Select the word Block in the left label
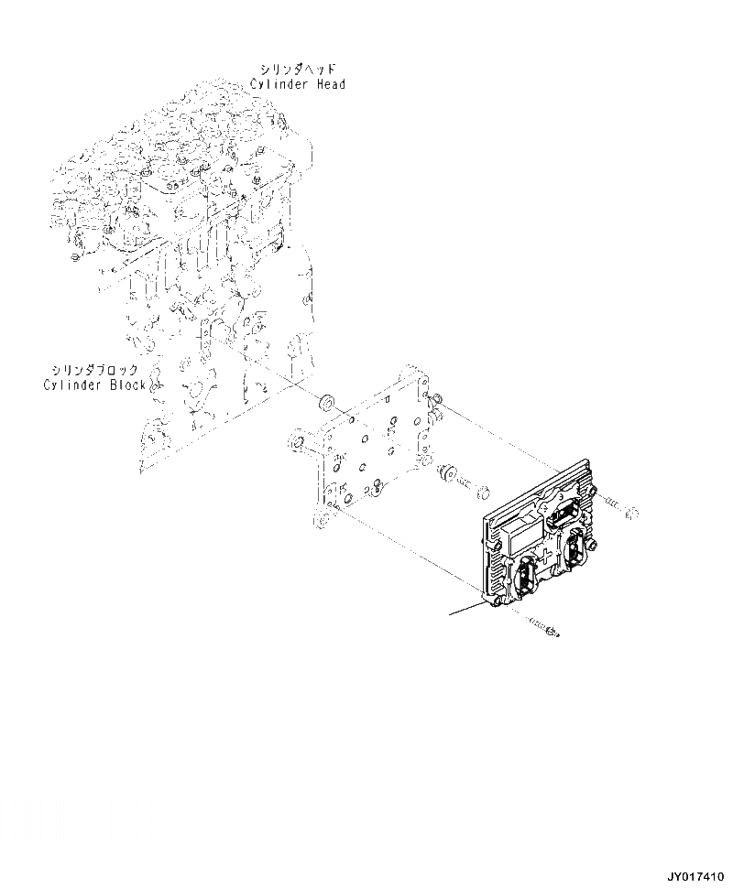click(x=126, y=385)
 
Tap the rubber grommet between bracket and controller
click(x=448, y=474)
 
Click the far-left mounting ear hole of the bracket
click(x=296, y=444)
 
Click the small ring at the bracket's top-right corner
click(x=436, y=399)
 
